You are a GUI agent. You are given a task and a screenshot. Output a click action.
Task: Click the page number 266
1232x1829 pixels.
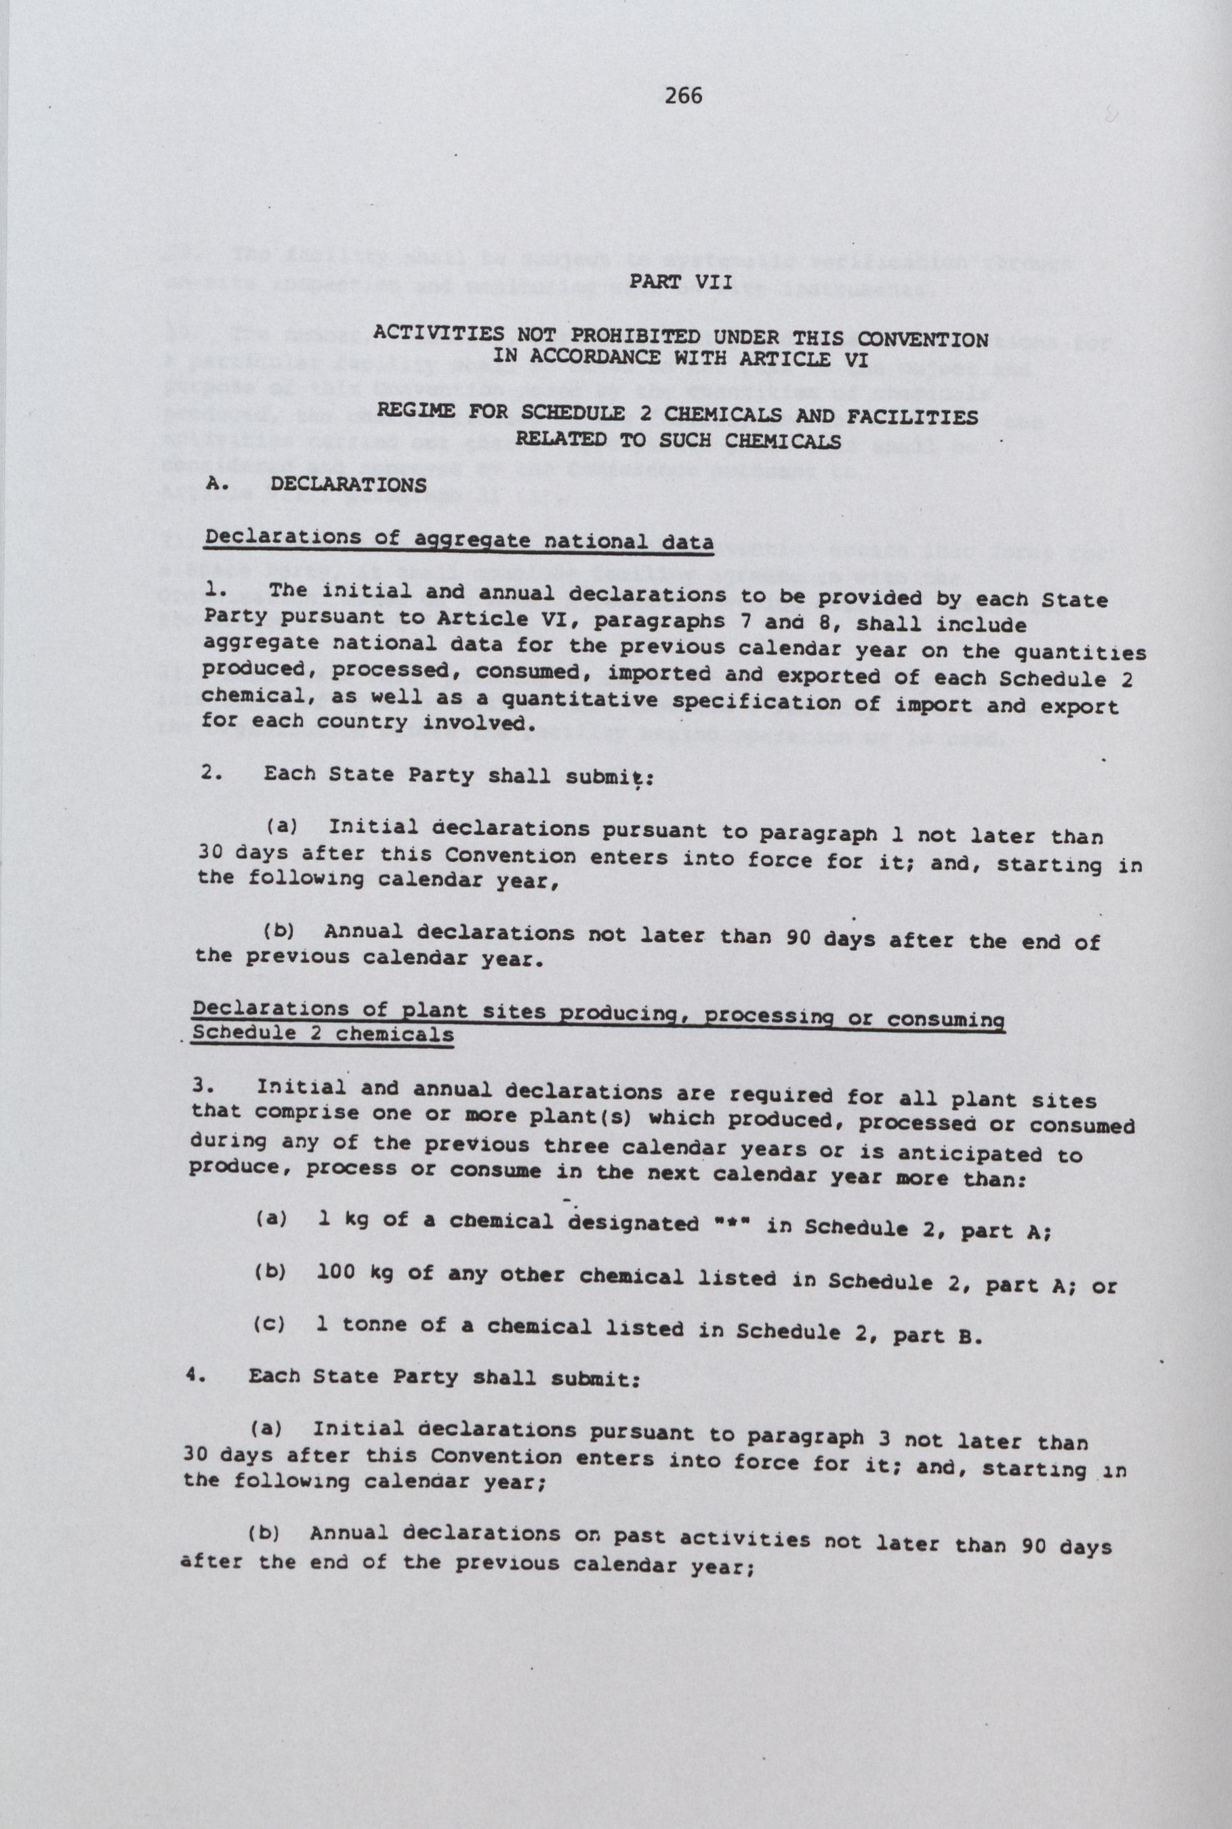click(x=683, y=96)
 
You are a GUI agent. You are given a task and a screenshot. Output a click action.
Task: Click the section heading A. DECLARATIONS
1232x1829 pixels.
click(x=316, y=483)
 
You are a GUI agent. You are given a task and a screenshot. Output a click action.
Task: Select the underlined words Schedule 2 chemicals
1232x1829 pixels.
click(x=323, y=1034)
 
